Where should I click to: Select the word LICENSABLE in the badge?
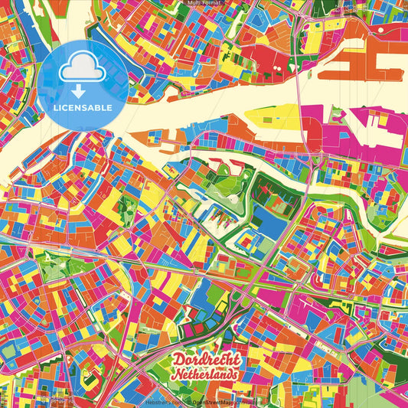(82, 106)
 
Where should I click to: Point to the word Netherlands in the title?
(204, 374)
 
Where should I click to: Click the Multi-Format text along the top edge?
(204, 4)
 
